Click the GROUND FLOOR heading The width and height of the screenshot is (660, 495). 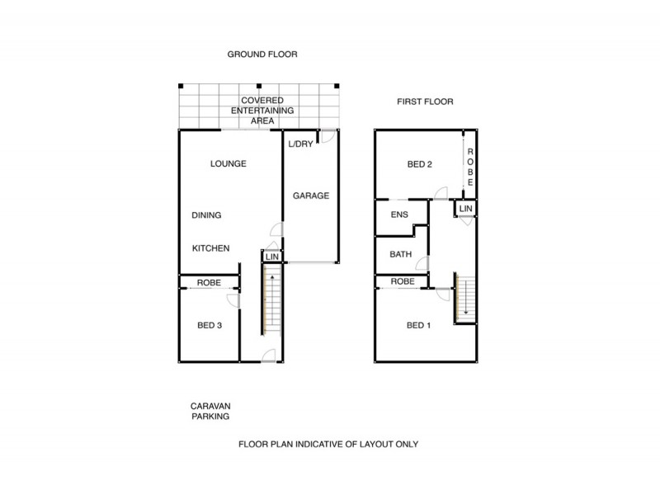262,54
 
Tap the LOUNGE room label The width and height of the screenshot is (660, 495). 229,163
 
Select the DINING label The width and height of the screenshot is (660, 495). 206,215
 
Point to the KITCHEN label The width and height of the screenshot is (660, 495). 210,248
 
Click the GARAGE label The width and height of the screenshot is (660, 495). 311,196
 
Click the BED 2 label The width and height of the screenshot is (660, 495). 420,164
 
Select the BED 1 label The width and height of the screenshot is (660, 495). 420,324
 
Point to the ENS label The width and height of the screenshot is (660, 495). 400,215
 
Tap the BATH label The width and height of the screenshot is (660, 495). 401,255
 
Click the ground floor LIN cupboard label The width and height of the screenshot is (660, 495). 272,257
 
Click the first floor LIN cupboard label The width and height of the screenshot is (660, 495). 466,210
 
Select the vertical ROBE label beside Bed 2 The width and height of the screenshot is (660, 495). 470,167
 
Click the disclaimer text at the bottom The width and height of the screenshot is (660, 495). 329,444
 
